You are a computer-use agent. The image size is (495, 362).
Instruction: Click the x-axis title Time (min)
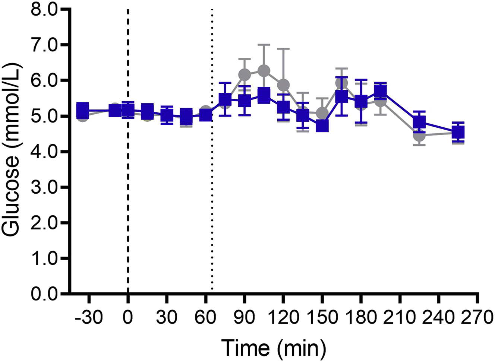(x=274, y=348)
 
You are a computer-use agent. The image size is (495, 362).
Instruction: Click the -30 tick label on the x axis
(x=88, y=319)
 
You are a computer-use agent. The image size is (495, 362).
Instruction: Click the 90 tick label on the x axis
(x=244, y=319)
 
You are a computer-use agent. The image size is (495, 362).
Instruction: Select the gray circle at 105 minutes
(x=264, y=71)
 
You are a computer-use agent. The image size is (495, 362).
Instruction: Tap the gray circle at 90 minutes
(x=245, y=74)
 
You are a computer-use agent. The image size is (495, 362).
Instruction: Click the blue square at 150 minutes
(x=322, y=126)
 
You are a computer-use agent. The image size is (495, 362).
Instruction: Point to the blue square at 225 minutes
(x=419, y=122)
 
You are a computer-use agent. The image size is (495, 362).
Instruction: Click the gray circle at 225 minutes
(x=419, y=135)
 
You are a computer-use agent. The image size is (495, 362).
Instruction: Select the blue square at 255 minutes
(x=458, y=132)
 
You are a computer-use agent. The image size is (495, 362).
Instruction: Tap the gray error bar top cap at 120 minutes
(x=283, y=48)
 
